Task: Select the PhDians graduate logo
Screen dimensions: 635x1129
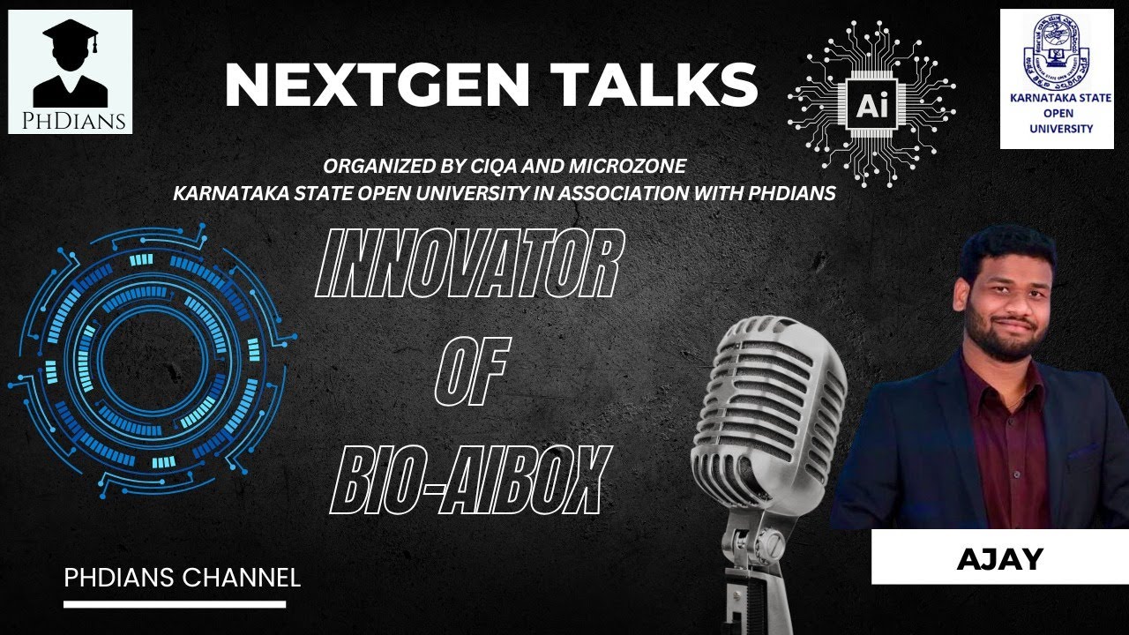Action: [x=71, y=72]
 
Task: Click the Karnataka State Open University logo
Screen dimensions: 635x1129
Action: [x=1055, y=79]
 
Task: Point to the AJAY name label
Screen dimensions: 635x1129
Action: [x=999, y=558]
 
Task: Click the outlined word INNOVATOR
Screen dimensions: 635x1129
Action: [x=468, y=264]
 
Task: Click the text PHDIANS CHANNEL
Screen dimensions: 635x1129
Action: [x=183, y=579]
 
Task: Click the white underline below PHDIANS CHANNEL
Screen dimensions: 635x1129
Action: [x=175, y=604]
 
